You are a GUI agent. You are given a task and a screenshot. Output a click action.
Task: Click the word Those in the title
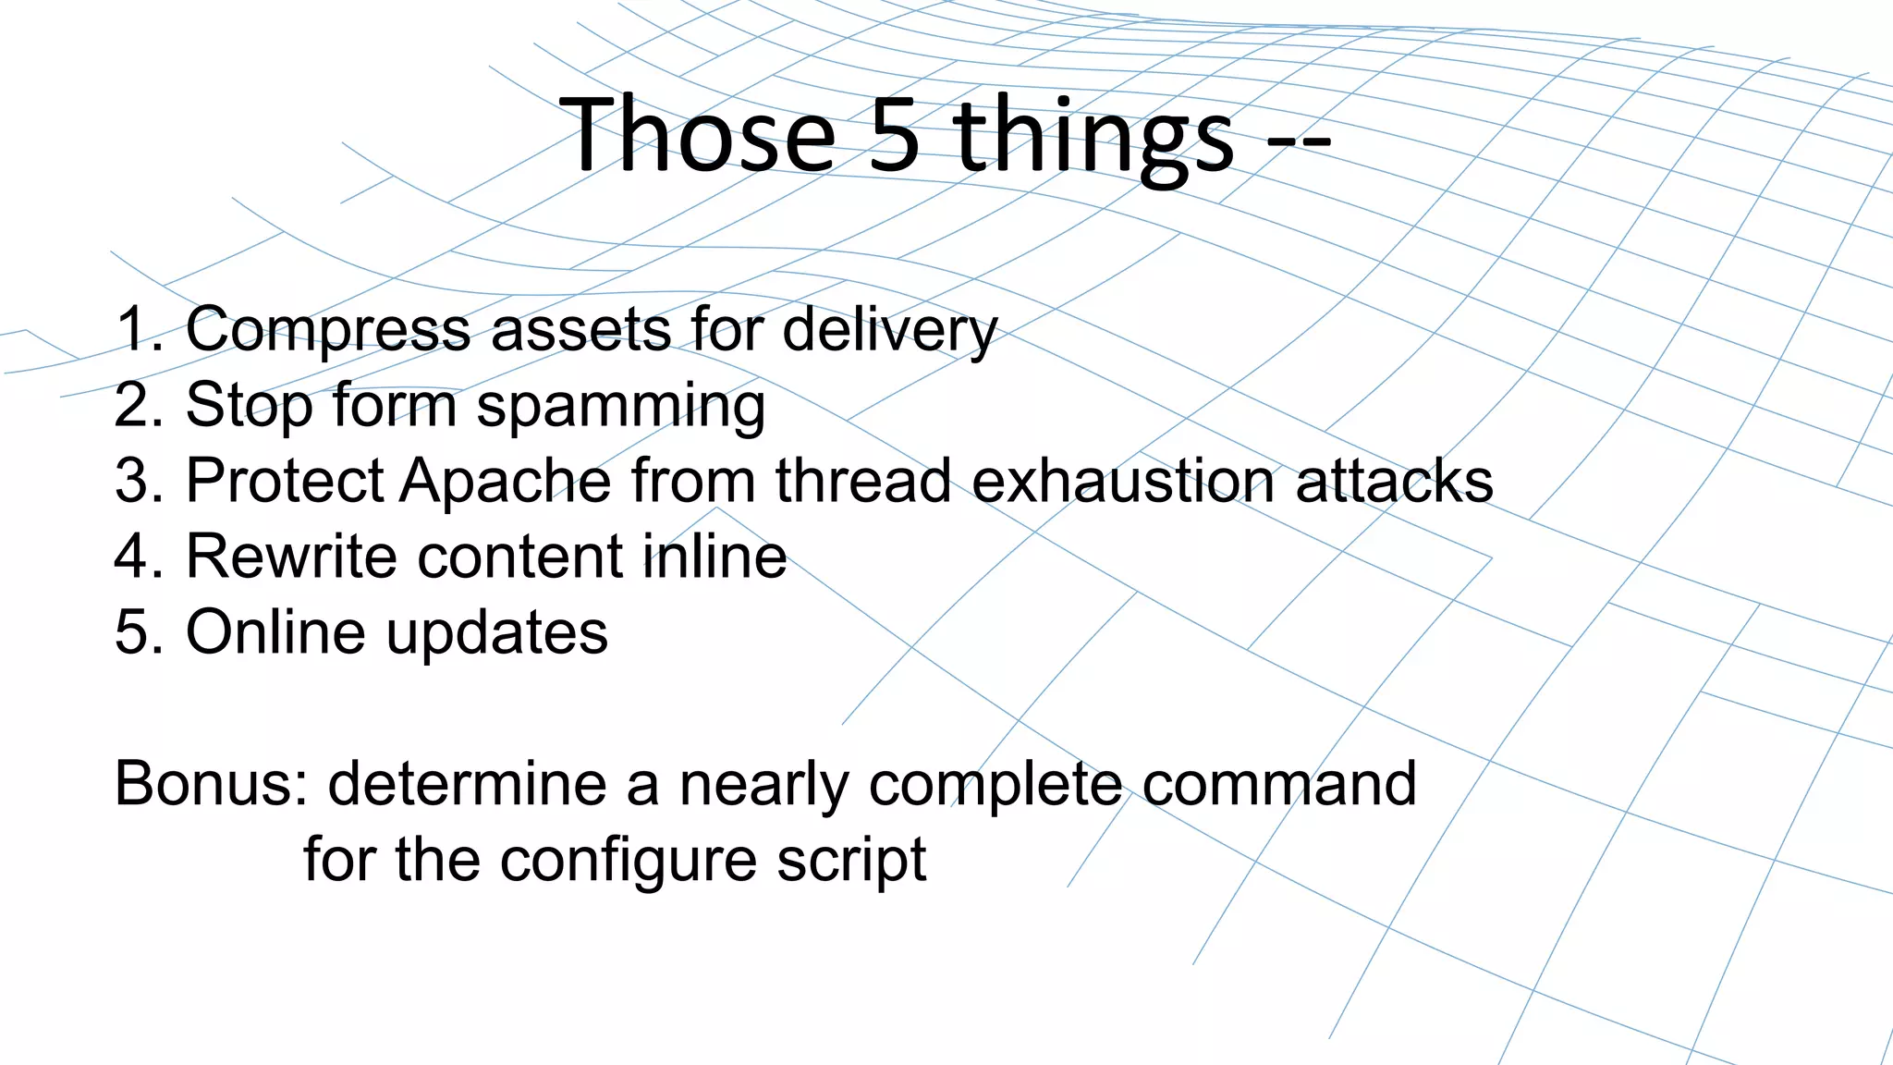(x=698, y=135)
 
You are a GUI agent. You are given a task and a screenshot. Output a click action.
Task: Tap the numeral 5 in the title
(x=895, y=135)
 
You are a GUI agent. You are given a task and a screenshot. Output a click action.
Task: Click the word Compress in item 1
(x=328, y=331)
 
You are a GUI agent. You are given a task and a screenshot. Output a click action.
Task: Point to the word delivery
(x=889, y=331)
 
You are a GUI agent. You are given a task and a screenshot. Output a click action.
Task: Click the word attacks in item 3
(x=1394, y=481)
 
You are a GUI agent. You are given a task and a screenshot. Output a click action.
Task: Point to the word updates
(x=496, y=634)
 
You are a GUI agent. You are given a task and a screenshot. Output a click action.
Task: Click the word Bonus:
(x=211, y=784)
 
